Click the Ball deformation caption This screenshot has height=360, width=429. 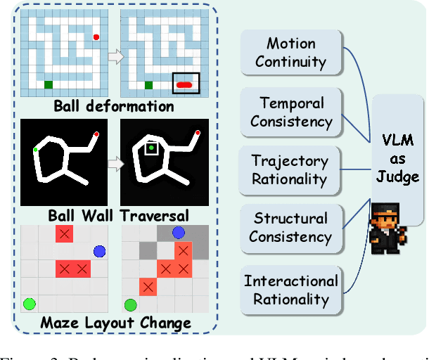point(114,108)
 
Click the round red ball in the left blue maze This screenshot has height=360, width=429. point(96,37)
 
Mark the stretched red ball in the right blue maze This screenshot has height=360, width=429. point(186,85)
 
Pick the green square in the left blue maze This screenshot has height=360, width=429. point(49,85)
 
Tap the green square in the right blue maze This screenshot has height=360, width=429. point(148,86)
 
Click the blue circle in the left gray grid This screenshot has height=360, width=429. point(99,251)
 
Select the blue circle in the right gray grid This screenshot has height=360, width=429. point(179,233)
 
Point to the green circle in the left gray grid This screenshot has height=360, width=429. point(29,304)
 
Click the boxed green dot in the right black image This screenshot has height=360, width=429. point(152,148)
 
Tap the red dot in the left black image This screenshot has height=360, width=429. point(96,133)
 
